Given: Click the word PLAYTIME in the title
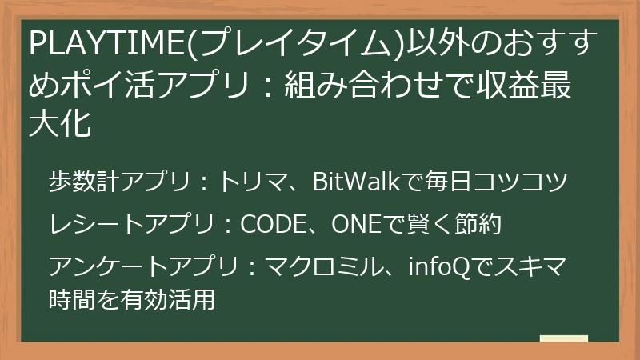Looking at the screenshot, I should pyautogui.click(x=105, y=45).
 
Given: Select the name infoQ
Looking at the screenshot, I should pyautogui.click(x=432, y=265).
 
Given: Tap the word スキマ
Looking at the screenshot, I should pyautogui.click(x=532, y=265).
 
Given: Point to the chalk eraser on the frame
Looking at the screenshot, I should pyautogui.click(x=564, y=339).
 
